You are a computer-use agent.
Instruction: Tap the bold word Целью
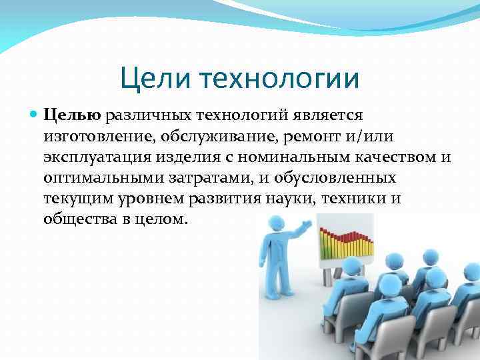(71, 117)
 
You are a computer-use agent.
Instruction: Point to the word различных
(141, 117)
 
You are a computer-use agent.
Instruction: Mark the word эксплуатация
(94, 158)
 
